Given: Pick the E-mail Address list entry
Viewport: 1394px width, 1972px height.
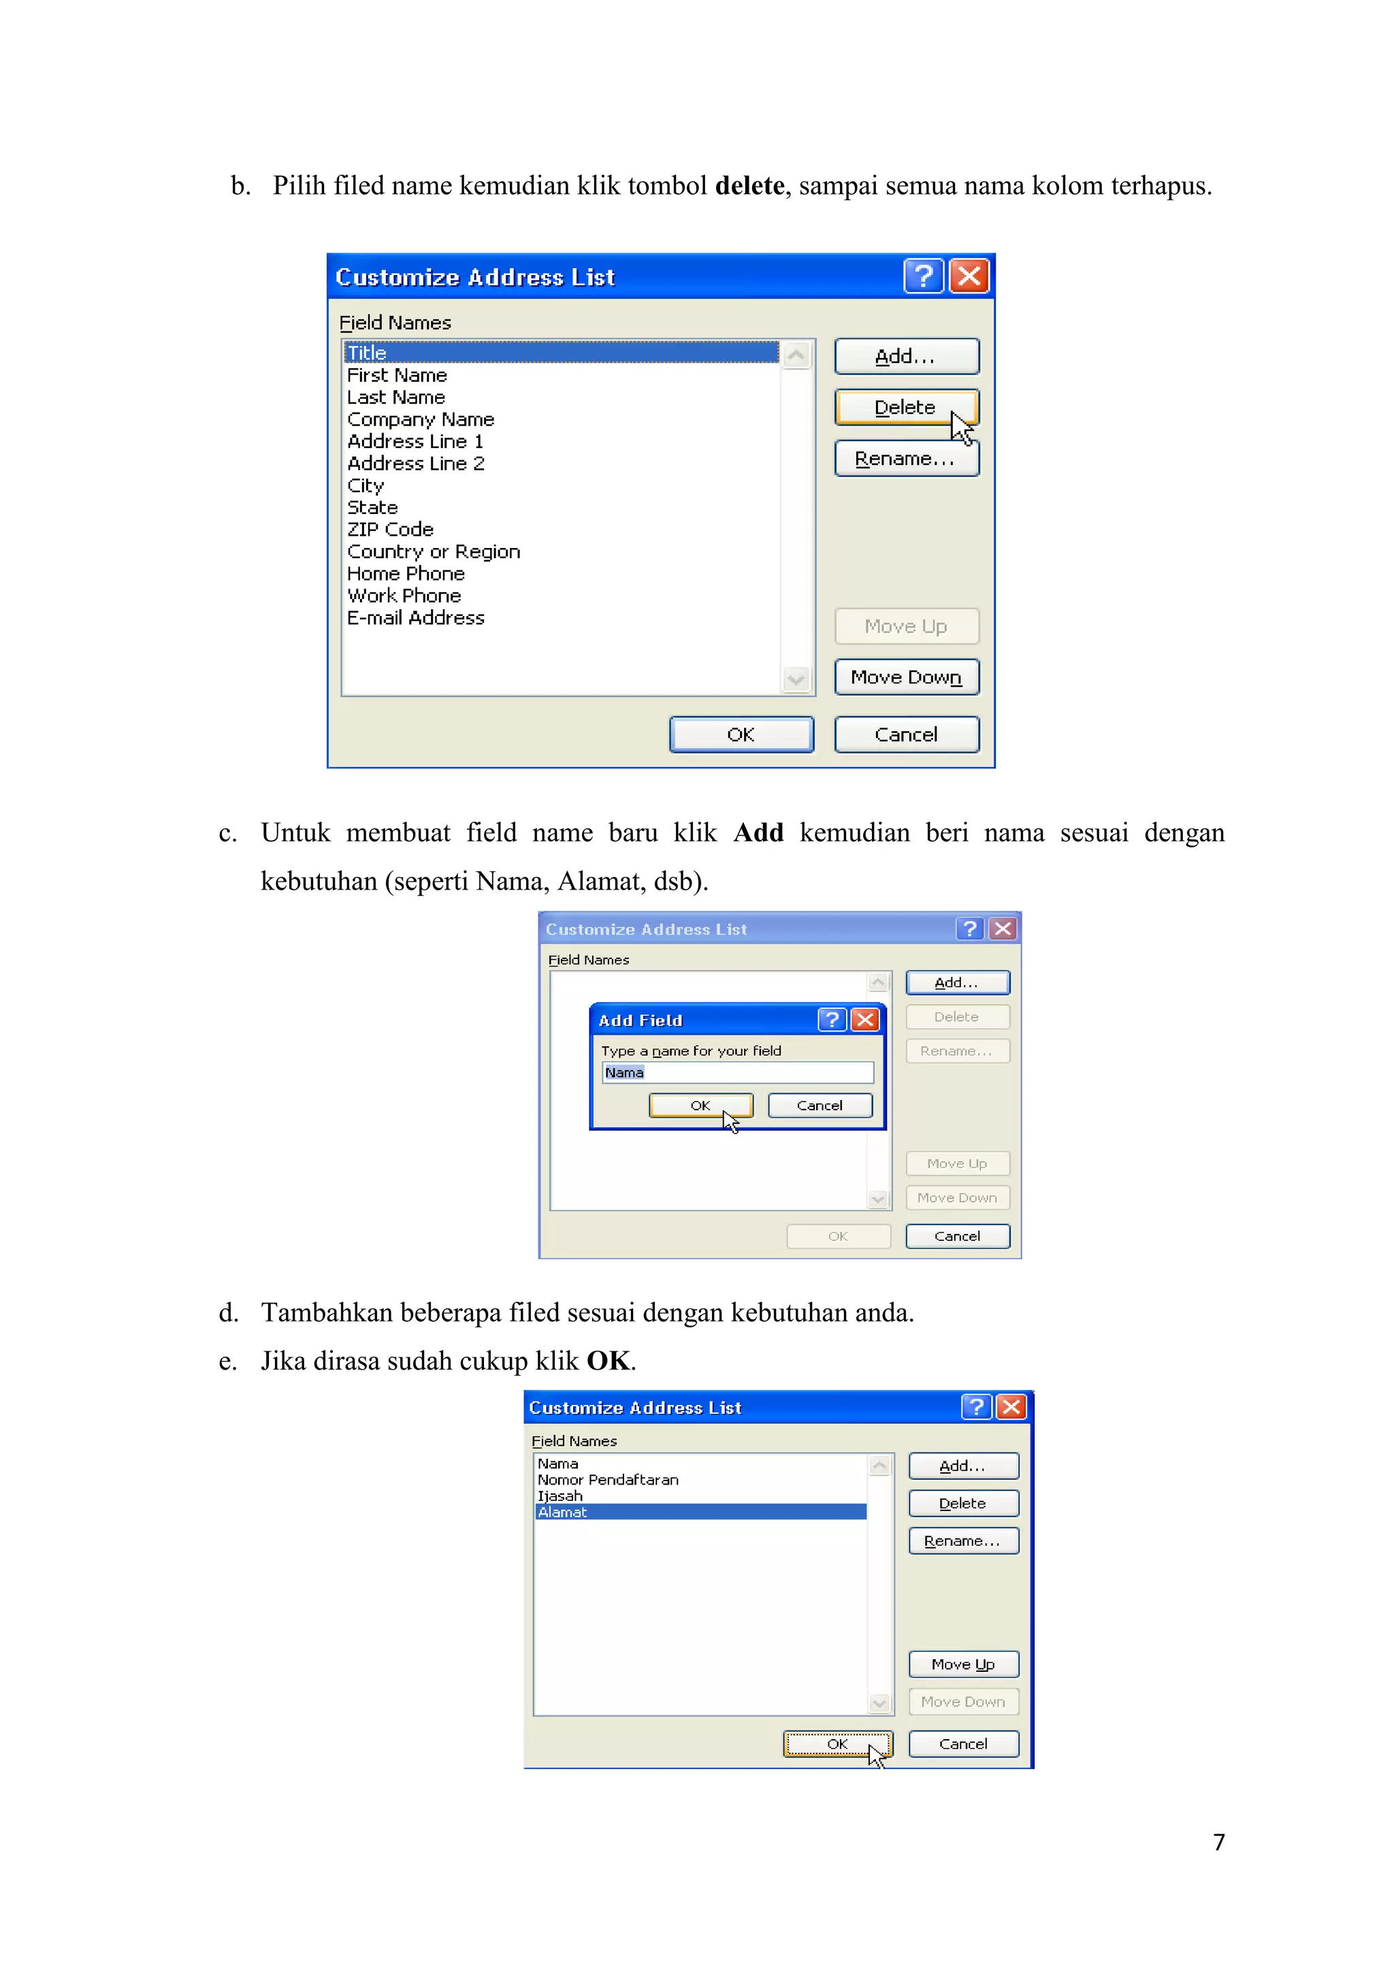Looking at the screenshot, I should pyautogui.click(x=416, y=618).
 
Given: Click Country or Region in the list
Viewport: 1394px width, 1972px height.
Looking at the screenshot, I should pyautogui.click(x=434, y=552).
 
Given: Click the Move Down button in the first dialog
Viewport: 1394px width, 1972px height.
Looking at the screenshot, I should pyautogui.click(x=906, y=678).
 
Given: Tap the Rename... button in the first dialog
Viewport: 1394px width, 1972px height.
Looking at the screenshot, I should pyautogui.click(x=906, y=459).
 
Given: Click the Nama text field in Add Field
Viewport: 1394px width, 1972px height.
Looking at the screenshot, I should pyautogui.click(x=737, y=1073).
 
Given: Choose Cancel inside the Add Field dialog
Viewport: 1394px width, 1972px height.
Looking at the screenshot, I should pyautogui.click(x=820, y=1106).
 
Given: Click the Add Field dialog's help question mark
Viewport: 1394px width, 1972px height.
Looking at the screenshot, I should pyautogui.click(x=831, y=1020).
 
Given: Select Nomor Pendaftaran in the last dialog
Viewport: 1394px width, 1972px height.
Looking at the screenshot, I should pyautogui.click(x=608, y=1480).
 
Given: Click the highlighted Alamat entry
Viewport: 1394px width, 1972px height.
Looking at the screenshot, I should pyautogui.click(x=700, y=1513).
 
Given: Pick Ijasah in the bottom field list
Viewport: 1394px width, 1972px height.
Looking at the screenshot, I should pyautogui.click(x=560, y=1496).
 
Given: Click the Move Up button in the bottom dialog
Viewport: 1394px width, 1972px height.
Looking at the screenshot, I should pyautogui.click(x=963, y=1664).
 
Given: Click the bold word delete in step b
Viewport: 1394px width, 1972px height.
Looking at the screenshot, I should pyautogui.click(x=749, y=187).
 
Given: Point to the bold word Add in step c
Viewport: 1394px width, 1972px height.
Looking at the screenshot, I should pyautogui.click(x=758, y=833).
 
